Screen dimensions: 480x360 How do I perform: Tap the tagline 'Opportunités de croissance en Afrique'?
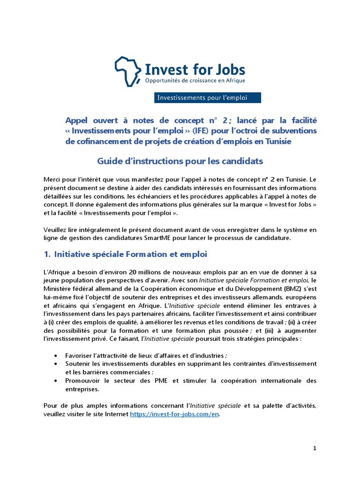click(x=195, y=81)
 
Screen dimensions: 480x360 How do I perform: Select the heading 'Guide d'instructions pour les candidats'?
click(x=180, y=161)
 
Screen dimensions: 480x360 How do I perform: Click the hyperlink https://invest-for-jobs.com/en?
click(x=174, y=414)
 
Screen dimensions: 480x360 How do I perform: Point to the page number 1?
click(x=315, y=448)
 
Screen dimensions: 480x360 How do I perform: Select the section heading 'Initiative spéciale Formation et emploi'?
click(x=131, y=254)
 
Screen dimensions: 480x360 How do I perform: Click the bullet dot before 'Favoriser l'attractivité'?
click(x=57, y=355)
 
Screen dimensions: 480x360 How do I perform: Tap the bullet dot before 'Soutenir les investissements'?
click(x=57, y=364)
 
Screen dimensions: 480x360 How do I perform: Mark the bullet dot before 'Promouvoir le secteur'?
click(x=57, y=381)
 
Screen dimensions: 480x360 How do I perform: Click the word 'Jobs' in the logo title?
click(x=228, y=69)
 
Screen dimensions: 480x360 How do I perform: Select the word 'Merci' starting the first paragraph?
click(x=52, y=179)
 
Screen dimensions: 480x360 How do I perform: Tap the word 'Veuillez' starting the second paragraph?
click(x=57, y=229)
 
